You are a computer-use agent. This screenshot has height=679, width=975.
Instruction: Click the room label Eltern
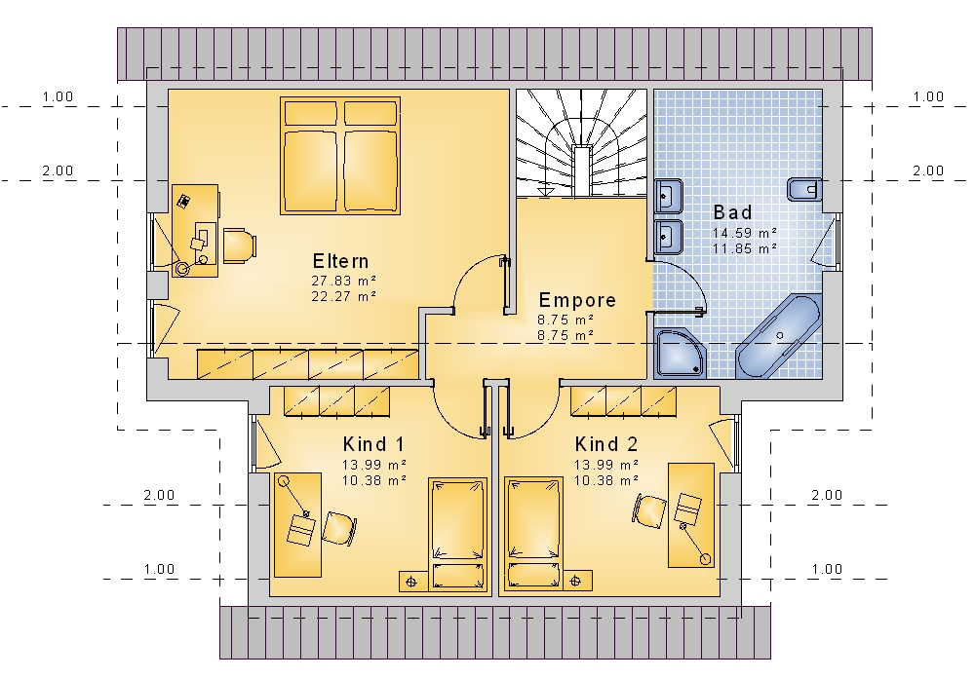click(340, 261)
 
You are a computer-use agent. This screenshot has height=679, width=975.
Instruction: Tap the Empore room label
click(577, 300)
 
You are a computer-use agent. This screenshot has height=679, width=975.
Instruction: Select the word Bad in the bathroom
click(732, 212)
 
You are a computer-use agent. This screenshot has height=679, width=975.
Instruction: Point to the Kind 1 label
click(373, 444)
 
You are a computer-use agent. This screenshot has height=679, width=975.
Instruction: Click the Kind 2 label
click(606, 444)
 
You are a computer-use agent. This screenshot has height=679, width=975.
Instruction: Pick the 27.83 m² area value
click(344, 281)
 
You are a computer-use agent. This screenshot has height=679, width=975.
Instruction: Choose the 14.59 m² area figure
click(745, 233)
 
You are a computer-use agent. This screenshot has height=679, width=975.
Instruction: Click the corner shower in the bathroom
click(681, 354)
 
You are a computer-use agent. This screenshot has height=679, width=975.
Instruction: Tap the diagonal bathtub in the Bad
click(778, 337)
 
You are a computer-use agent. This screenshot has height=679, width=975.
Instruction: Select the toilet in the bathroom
click(804, 189)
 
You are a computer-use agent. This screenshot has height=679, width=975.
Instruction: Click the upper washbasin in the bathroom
click(669, 197)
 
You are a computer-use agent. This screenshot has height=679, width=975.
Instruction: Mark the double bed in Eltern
click(340, 156)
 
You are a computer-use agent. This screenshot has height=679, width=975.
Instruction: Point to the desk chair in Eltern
click(239, 245)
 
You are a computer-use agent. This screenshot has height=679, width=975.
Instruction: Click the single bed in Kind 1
click(457, 534)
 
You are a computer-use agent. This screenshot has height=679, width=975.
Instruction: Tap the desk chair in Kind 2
click(649, 510)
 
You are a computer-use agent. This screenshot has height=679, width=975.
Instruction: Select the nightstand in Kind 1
click(412, 581)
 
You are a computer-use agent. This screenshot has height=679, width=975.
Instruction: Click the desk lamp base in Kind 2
click(706, 559)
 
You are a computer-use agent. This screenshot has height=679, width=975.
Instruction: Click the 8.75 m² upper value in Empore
click(565, 320)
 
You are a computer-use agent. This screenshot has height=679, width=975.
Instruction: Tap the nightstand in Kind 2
click(577, 581)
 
